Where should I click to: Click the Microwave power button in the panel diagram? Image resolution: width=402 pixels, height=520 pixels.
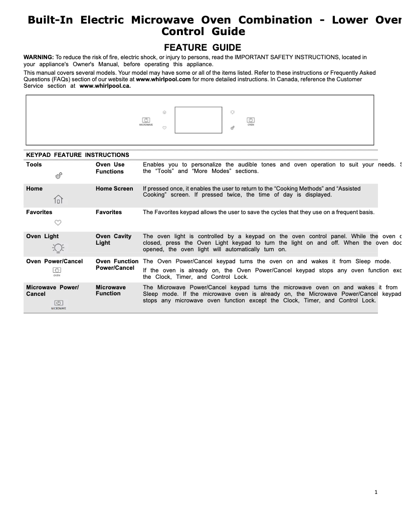pyautogui.click(x=146, y=120)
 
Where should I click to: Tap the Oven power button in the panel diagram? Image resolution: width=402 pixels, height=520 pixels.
pyautogui.click(x=251, y=120)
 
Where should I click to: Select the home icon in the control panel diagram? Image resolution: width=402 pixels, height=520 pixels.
pyautogui.click(x=164, y=112)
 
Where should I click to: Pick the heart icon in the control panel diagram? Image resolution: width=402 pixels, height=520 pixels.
pyautogui.click(x=164, y=128)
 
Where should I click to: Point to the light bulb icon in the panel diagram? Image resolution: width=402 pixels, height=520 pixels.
pyautogui.click(x=233, y=112)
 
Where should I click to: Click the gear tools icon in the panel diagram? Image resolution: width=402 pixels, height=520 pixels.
pyautogui.click(x=233, y=128)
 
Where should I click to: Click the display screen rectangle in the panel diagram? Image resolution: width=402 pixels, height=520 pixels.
pyautogui.click(x=198, y=120)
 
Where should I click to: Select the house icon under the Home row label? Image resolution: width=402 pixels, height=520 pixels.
pyautogui.click(x=58, y=200)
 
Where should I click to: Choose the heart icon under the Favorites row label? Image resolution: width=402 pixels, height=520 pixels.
pyautogui.click(x=58, y=223)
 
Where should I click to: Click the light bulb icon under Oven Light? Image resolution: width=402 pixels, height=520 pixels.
pyautogui.click(x=58, y=247)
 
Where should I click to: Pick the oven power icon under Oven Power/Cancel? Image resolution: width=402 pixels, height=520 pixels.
pyautogui.click(x=57, y=271)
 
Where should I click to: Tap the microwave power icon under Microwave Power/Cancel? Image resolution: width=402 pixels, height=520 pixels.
pyautogui.click(x=58, y=303)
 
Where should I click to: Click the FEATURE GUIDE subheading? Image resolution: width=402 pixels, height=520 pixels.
pyautogui.click(x=203, y=48)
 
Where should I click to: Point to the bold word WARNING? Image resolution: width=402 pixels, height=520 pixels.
pyautogui.click(x=39, y=58)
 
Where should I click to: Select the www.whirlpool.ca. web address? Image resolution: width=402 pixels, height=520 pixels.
pyautogui.click(x=105, y=86)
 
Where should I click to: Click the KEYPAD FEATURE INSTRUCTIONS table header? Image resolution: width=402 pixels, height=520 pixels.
pyautogui.click(x=78, y=155)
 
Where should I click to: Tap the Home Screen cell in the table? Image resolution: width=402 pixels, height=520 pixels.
pyautogui.click(x=114, y=189)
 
